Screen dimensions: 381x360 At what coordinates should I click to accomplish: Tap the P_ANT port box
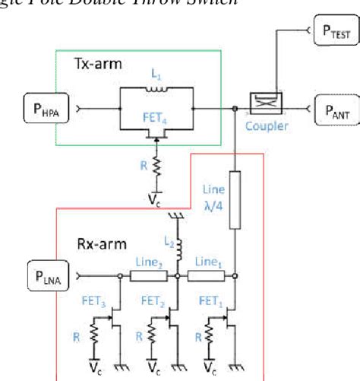tap(333, 110)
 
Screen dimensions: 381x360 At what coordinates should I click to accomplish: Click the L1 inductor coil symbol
tap(158, 90)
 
